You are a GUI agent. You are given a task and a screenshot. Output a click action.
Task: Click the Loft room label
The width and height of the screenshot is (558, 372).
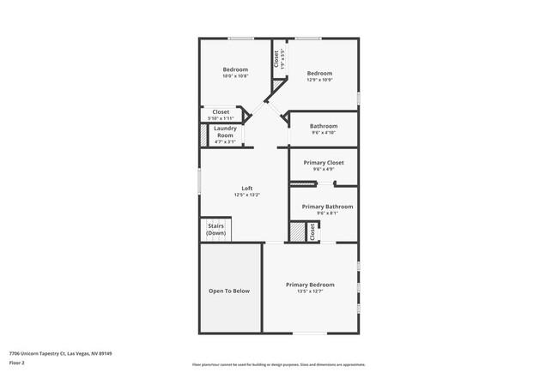246,188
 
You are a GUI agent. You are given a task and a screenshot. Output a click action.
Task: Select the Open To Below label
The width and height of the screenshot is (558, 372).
229,291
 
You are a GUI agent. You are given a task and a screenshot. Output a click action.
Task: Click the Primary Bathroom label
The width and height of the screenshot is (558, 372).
327,207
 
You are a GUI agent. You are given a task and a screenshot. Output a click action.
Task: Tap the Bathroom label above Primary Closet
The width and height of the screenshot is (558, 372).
324,126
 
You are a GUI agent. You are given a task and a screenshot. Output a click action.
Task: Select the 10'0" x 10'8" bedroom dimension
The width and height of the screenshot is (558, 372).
235,76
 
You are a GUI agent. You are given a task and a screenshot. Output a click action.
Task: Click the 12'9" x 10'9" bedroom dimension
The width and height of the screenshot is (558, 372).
319,81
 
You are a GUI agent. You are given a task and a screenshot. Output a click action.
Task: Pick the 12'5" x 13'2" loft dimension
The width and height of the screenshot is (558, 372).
246,195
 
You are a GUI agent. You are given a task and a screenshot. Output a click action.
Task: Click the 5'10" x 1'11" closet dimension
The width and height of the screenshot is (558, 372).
221,117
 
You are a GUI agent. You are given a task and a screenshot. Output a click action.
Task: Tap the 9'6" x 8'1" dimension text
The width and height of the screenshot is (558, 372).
327,213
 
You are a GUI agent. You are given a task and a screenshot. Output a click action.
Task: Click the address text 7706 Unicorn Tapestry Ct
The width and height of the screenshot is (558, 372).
61,352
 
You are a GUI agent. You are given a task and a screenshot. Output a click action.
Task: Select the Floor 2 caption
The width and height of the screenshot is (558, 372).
18,363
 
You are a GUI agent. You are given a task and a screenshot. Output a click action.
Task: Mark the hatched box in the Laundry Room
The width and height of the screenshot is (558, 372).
204,135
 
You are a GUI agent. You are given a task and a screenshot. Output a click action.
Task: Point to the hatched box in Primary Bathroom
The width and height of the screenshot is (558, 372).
297,232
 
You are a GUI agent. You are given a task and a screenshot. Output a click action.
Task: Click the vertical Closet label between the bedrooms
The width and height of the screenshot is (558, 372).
276,59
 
